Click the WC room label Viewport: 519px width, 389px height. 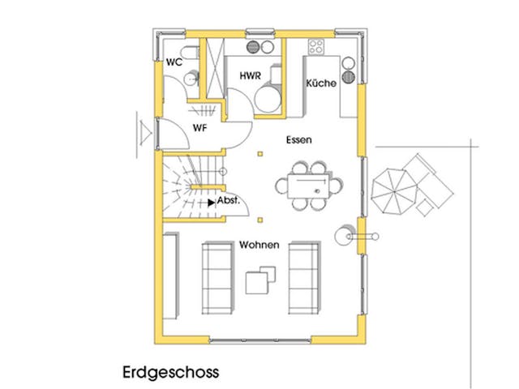point(173,62)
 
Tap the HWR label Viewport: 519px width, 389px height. point(249,75)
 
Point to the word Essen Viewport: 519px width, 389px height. point(298,139)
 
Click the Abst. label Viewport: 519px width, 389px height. point(229,202)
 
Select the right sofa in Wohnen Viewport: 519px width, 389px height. point(303,278)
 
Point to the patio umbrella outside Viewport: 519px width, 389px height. point(393,187)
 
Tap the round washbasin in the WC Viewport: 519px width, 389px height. point(191,78)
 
